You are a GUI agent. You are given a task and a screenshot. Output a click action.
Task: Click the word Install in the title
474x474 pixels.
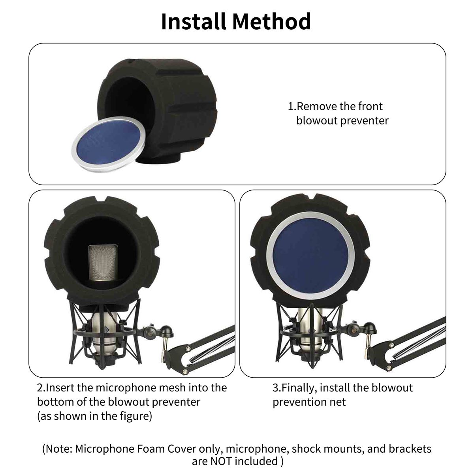pos(193,22)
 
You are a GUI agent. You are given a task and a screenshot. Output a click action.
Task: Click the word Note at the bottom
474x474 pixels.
pos(58,449)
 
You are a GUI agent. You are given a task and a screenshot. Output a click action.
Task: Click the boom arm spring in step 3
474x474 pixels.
pos(419,343)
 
